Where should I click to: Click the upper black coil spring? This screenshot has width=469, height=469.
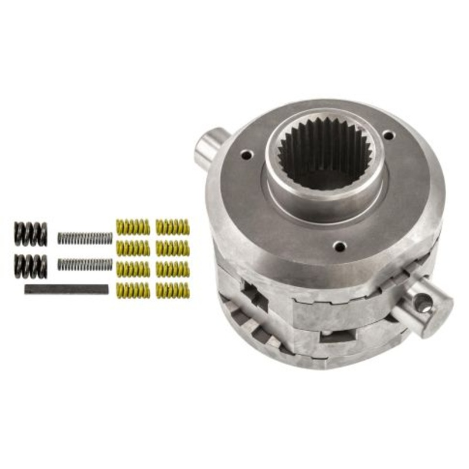pos(30,234)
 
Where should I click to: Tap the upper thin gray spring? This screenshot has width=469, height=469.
pos(84,237)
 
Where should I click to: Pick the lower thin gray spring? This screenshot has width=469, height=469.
pos(84,264)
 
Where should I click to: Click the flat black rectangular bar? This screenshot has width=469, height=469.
pos(66,288)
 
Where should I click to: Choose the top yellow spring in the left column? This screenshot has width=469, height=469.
pos(134,226)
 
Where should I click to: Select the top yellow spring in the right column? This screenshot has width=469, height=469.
pos(172,226)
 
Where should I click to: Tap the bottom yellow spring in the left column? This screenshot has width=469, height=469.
pos(134,288)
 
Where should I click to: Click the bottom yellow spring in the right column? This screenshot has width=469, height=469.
pos(172,288)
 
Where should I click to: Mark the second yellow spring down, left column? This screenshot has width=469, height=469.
pos(134,247)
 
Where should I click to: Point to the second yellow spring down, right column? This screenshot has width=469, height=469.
pos(172,247)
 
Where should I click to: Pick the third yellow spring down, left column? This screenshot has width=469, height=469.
pos(134,268)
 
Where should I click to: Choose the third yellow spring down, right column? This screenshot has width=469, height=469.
pos(172,268)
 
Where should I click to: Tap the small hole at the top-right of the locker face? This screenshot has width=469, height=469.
pos(388,135)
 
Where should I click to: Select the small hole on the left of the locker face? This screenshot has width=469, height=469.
pos(246,155)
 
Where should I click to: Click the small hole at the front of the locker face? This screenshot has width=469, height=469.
pos(339,246)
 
